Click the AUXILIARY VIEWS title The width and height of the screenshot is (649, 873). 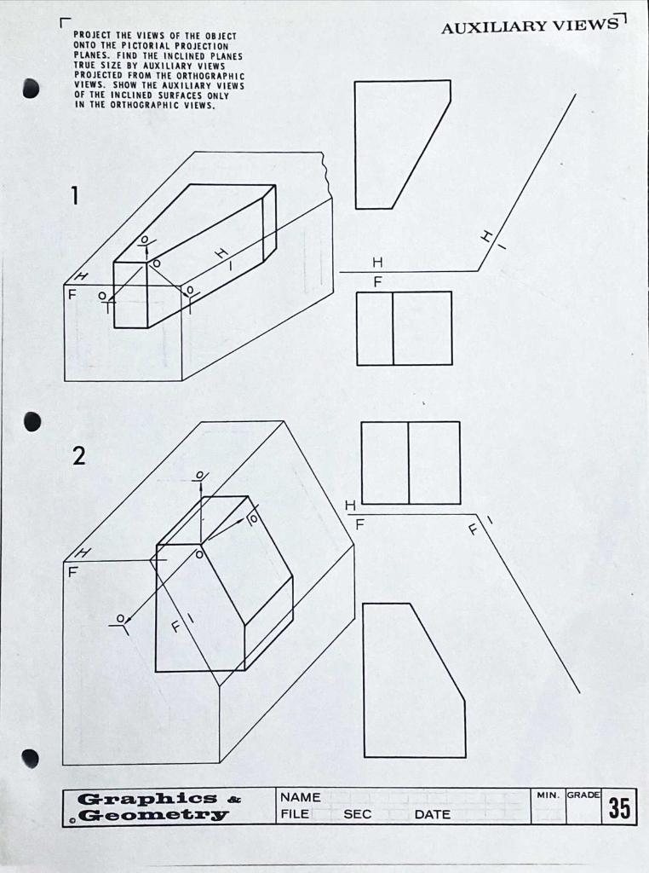tap(529, 26)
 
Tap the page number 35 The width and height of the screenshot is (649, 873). tap(619, 807)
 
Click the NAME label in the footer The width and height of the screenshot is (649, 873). tap(300, 797)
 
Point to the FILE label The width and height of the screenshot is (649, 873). tap(294, 814)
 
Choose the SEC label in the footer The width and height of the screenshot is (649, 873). tap(358, 814)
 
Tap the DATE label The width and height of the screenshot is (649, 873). tap(432, 814)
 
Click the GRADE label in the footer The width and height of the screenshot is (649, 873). tap(583, 795)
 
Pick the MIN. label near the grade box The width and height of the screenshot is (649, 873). tap(547, 795)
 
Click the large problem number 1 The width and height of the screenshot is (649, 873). tap(74, 197)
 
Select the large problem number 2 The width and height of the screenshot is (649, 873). tap(78, 457)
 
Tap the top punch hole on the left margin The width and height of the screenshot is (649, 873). tap(32, 88)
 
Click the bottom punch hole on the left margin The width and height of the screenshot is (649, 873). tap(31, 758)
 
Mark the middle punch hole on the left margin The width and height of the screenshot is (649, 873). tap(32, 422)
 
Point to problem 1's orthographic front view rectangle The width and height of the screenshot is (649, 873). tap(404, 328)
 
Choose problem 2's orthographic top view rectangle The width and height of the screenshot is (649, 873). tap(411, 463)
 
